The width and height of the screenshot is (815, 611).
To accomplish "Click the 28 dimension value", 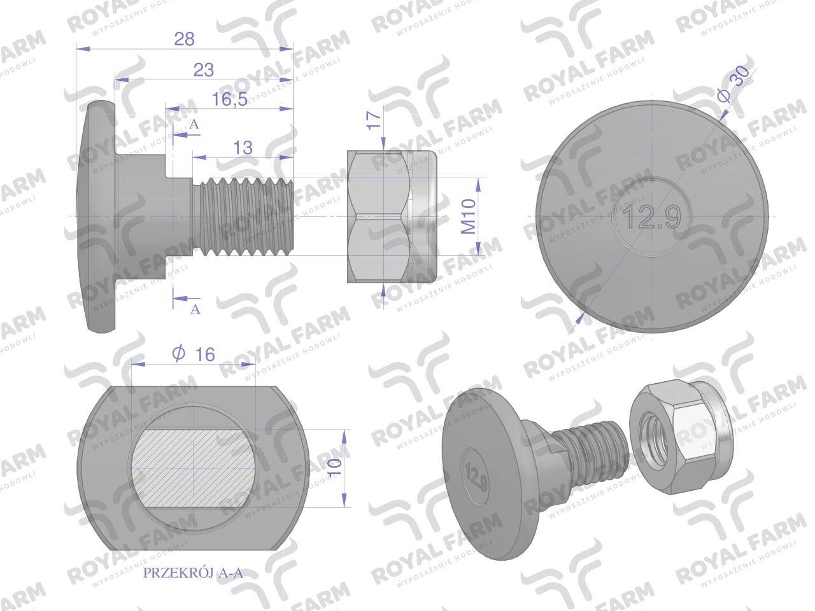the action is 184,39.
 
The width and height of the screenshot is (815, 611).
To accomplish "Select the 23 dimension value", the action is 204,70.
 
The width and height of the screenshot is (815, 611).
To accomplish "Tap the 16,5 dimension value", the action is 229,99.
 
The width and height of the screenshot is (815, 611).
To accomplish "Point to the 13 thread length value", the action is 243,148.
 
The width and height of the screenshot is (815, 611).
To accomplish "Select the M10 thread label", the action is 468,216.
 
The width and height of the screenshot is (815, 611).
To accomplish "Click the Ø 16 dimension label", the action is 194,354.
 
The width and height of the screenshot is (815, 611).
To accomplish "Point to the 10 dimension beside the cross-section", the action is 334,467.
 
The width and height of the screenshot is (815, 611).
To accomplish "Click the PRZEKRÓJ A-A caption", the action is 193,573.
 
